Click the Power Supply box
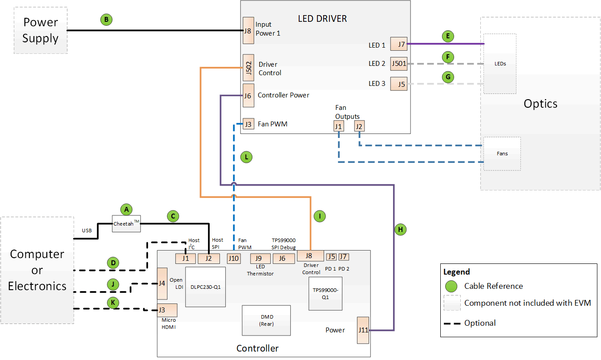[x=41, y=30]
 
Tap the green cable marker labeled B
[x=106, y=20]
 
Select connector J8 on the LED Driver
[x=248, y=31]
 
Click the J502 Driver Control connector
[x=248, y=68]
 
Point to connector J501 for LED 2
[x=399, y=64]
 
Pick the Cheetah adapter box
[x=126, y=223]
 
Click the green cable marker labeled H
[x=400, y=230]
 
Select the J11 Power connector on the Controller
[x=363, y=330]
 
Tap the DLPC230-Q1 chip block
[x=205, y=287]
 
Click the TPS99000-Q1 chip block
[x=326, y=293]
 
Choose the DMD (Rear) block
[x=266, y=320]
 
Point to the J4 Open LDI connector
[x=162, y=283]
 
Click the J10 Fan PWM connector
[x=234, y=258]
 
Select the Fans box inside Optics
[x=502, y=154]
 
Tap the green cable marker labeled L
[x=246, y=157]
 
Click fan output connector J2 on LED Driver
[x=359, y=126]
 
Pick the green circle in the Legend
[x=451, y=286]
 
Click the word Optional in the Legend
[x=480, y=323]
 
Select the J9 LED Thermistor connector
[x=258, y=258]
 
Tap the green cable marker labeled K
[x=114, y=302]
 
